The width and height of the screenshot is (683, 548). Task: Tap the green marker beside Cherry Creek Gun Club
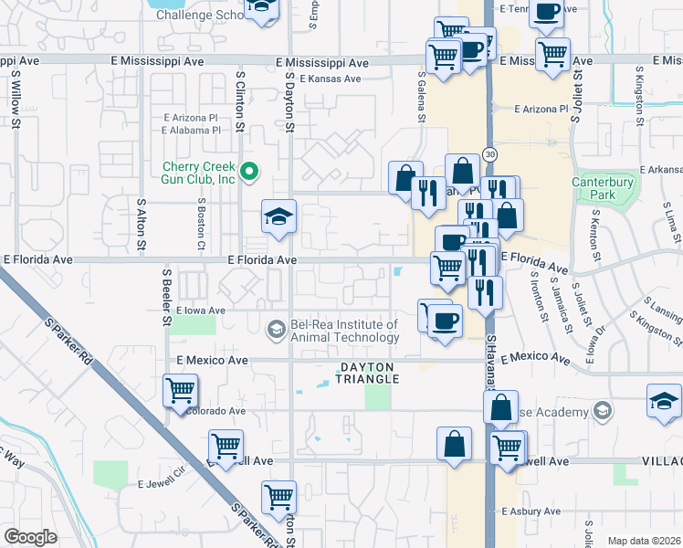pos(247,170)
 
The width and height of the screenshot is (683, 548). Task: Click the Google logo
pos(30,537)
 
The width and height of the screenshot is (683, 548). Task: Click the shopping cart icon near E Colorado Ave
pos(180,390)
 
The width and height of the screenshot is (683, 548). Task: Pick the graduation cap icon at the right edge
pos(664,401)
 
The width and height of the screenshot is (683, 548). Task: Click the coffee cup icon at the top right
pos(546,12)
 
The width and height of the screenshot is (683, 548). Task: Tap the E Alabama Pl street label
pos(192,130)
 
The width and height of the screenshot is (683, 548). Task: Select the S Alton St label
pos(142,226)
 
